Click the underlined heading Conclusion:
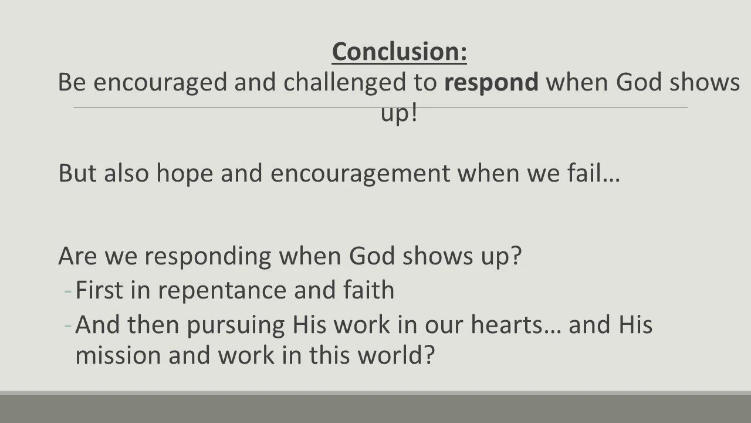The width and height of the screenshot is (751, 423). [399, 52]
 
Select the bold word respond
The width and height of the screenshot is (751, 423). [491, 83]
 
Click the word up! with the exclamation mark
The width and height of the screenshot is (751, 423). [399, 113]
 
